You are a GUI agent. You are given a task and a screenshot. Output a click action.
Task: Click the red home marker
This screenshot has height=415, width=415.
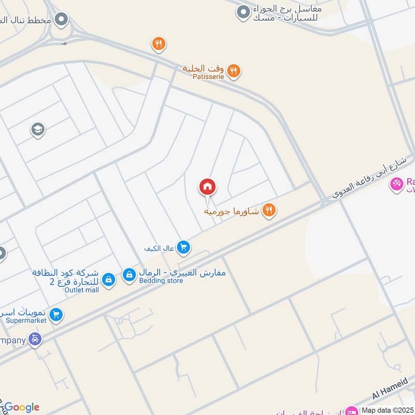tap(208, 187)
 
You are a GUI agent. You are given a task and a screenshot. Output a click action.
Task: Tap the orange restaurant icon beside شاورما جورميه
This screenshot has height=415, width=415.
tap(268, 210)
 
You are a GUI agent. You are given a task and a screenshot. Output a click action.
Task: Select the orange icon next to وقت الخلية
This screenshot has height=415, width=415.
tap(233, 71)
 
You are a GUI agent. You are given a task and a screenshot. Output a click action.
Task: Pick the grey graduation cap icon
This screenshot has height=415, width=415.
tap(37, 129)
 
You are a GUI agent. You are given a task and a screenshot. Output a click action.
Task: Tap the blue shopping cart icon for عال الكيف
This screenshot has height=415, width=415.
tap(183, 248)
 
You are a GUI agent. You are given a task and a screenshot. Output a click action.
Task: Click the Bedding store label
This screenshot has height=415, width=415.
tap(161, 281)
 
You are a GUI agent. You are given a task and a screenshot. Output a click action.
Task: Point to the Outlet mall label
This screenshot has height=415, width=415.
tap(81, 290)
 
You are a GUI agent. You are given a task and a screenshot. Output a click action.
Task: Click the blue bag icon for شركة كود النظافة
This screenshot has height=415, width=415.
tap(108, 280)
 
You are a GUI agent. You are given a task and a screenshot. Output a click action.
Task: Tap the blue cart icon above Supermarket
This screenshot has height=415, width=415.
tap(57, 314)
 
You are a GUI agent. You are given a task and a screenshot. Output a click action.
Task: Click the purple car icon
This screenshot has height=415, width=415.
tap(35, 340)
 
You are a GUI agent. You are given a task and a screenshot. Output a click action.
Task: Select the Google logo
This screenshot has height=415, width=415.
tap(22, 407)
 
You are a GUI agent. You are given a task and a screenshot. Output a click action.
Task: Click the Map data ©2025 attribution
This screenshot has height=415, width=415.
tap(387, 409)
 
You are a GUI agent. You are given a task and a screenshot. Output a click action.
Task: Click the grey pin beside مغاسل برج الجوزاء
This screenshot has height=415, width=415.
tap(243, 12)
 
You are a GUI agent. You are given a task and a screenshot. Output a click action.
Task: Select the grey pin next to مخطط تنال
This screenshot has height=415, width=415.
tap(62, 20)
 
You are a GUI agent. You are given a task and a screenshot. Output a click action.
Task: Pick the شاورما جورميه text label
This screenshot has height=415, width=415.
tap(231, 211)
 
